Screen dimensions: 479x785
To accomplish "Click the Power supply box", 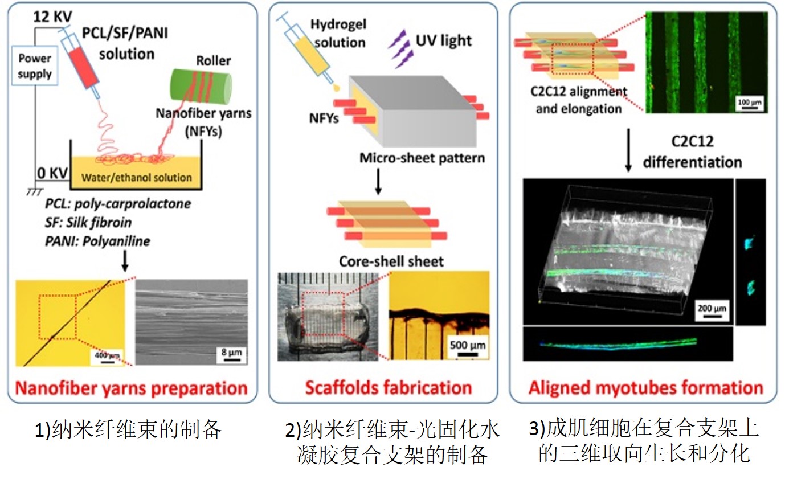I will coord(34,66).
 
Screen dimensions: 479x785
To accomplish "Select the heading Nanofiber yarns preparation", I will coord(132,388).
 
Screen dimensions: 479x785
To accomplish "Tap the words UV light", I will coord(444,40).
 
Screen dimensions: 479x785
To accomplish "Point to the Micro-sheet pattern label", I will coord(422,157).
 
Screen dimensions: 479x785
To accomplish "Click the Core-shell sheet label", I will coord(391,261).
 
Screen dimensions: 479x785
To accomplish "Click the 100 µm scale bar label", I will coord(749,101).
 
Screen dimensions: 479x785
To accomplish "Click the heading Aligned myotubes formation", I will coord(645,388).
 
